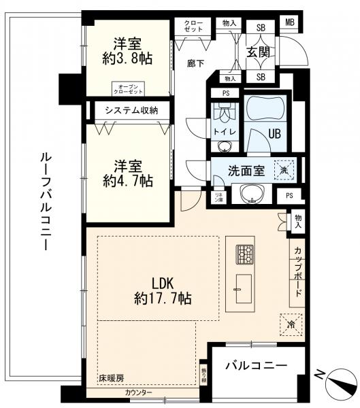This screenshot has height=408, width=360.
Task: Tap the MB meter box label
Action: point(291,22)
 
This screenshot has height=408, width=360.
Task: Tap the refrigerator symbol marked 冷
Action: point(286,324)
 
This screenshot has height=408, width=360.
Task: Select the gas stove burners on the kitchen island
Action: point(244,254)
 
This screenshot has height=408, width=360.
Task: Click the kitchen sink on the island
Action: point(242,291)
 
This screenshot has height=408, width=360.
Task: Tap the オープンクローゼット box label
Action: point(129,88)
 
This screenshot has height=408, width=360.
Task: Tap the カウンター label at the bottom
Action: point(138,394)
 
